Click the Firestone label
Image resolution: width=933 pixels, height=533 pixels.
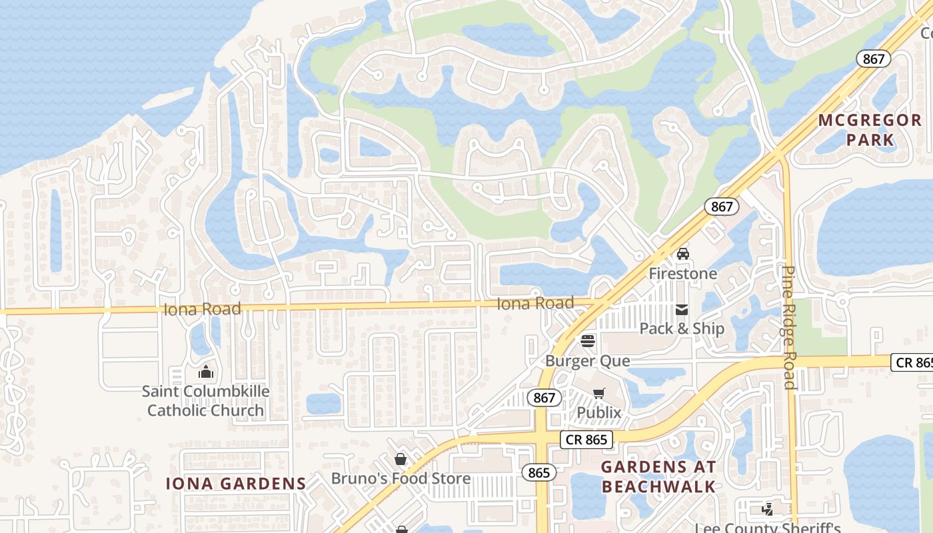683,274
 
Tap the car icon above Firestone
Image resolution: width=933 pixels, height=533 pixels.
683,254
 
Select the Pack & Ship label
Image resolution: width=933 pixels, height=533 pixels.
682,328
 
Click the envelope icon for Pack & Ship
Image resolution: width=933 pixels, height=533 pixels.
682,309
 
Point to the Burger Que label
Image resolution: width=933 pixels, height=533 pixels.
587,360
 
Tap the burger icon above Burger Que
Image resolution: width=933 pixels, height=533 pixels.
587,341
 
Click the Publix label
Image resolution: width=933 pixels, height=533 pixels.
598,412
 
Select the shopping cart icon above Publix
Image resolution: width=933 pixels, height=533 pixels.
598,393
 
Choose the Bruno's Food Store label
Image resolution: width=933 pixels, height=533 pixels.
401,478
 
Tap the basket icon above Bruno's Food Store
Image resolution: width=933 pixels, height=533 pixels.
401,459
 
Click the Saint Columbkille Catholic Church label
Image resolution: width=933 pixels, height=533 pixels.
205,400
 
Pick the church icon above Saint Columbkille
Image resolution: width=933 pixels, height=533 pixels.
206,371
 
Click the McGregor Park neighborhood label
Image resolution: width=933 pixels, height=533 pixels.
870,130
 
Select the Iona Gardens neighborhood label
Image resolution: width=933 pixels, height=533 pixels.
236,484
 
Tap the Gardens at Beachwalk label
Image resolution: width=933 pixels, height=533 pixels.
658,476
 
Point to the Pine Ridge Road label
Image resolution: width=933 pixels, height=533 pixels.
790,326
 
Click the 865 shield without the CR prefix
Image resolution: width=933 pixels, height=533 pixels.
538,472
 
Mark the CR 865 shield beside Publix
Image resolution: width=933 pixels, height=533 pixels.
586,440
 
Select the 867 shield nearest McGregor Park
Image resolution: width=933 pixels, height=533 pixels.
873,59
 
